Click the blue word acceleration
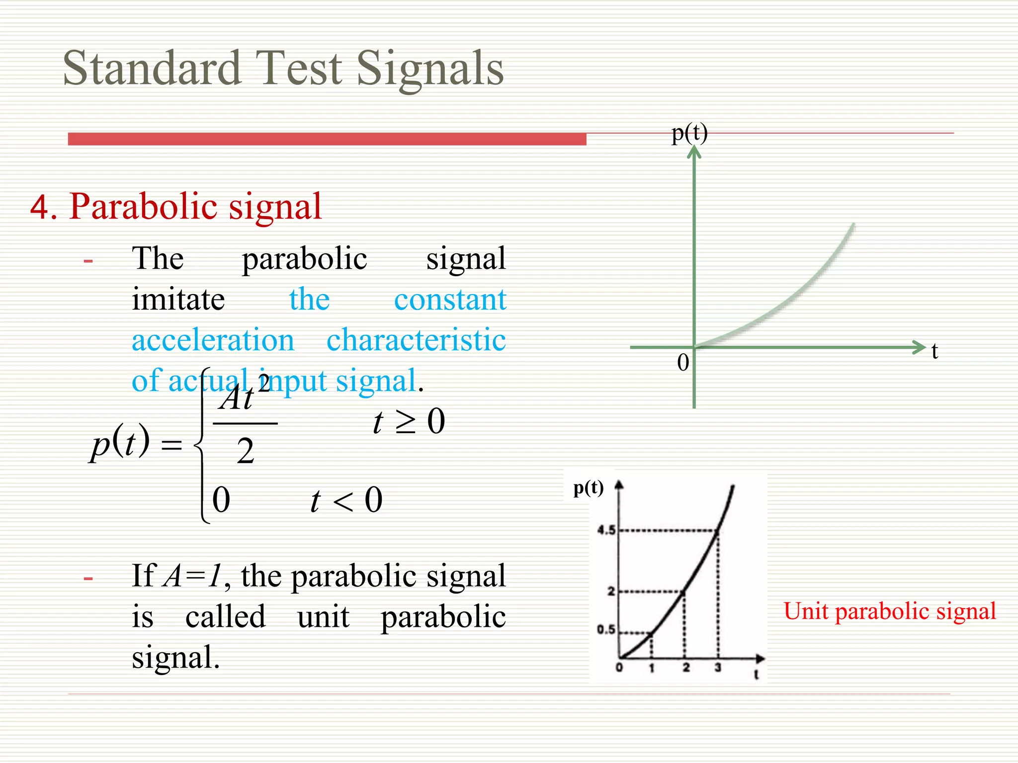coord(213,340)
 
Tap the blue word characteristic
coord(416,340)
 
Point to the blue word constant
coord(450,300)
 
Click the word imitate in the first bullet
coord(178,300)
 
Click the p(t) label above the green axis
coord(689,133)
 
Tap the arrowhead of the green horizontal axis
coord(920,347)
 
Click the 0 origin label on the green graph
coord(683,363)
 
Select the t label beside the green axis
coord(934,351)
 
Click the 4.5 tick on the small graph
coord(606,530)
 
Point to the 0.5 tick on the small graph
coord(606,629)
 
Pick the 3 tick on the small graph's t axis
coord(718,668)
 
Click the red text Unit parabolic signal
coord(890,611)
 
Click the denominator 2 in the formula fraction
coord(246,451)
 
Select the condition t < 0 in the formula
coord(346,500)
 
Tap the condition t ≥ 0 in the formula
coord(409,422)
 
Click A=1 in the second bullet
coord(192,576)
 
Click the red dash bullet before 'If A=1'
coord(88,578)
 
